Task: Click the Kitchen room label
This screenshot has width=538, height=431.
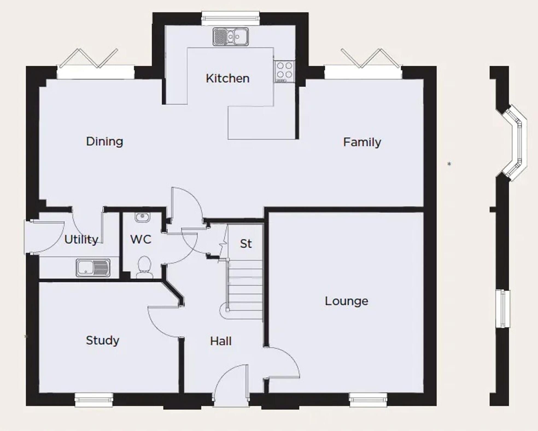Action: (227, 78)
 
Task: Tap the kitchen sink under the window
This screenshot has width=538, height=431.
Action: (231, 36)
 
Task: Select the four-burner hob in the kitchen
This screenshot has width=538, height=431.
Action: (284, 71)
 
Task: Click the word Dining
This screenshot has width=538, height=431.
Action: (104, 141)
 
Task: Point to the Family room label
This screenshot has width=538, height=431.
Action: (362, 142)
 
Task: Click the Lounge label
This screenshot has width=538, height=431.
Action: (346, 301)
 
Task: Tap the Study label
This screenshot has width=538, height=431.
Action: (103, 340)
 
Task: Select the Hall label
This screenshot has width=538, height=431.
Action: (221, 341)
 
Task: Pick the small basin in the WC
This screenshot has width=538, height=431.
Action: (142, 217)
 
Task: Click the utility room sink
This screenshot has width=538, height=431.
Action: (93, 267)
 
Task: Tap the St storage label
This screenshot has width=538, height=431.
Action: (245, 244)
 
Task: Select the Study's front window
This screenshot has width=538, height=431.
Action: (94, 400)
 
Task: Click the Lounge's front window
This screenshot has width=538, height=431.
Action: (368, 400)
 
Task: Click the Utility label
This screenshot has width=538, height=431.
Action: (81, 240)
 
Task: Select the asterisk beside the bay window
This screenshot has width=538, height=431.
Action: (449, 164)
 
